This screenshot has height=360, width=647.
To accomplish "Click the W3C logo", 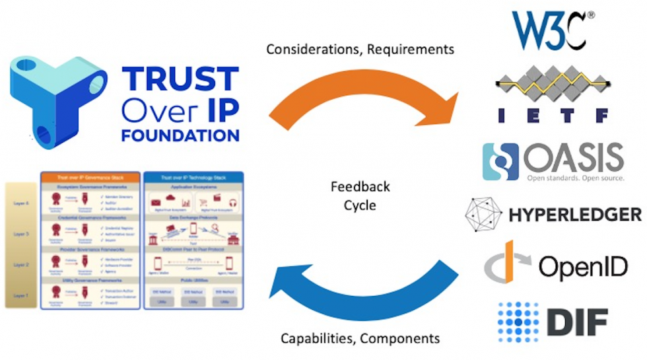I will coord(549,30).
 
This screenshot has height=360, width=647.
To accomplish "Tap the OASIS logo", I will coord(553,161).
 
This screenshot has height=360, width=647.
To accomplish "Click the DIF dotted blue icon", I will coord(518,322).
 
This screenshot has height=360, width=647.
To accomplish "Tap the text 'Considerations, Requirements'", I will coord(360,50).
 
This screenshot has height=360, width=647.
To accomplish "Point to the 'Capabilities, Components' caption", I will coord(360,338).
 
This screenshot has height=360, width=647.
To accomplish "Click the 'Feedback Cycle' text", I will coord(360,196).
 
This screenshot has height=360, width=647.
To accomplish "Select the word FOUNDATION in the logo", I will coord(180,135).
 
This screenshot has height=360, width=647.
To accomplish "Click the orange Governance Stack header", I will coord(90,177).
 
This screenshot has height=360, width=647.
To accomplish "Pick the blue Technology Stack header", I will coord(193,177).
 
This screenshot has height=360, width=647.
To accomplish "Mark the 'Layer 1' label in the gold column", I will coord(21,295).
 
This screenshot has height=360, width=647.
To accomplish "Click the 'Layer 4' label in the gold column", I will coord(21,204).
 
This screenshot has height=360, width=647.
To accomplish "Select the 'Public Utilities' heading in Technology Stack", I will coord(193,279).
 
